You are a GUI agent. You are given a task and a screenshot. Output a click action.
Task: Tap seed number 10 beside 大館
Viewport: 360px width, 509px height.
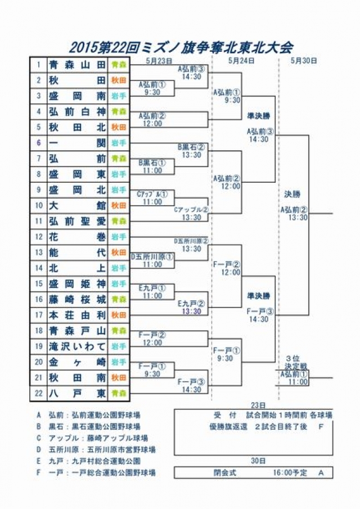tap(39, 205)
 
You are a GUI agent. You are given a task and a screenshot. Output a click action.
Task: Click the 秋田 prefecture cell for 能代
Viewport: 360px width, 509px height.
tap(119, 253)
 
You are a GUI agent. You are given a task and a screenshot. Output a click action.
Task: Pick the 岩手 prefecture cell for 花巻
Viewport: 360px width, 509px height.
tap(119, 237)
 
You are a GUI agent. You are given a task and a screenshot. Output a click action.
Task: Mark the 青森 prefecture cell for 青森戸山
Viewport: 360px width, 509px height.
tap(119, 331)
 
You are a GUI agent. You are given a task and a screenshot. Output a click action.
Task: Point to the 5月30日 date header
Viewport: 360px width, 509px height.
tap(304, 60)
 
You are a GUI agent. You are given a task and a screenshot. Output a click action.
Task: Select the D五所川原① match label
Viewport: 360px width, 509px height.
tap(152, 256)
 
